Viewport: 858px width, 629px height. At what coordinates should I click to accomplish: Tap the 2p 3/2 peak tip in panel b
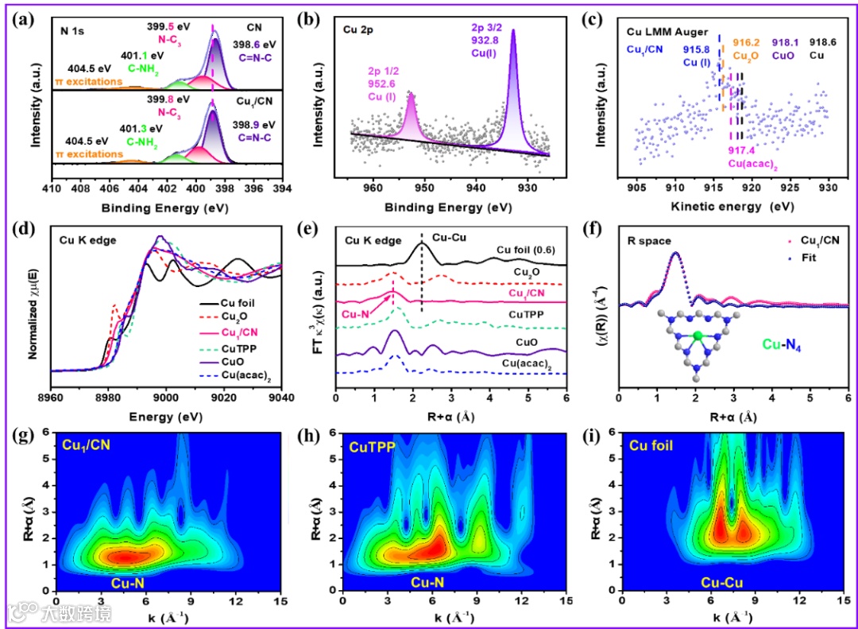[x=513, y=30]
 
